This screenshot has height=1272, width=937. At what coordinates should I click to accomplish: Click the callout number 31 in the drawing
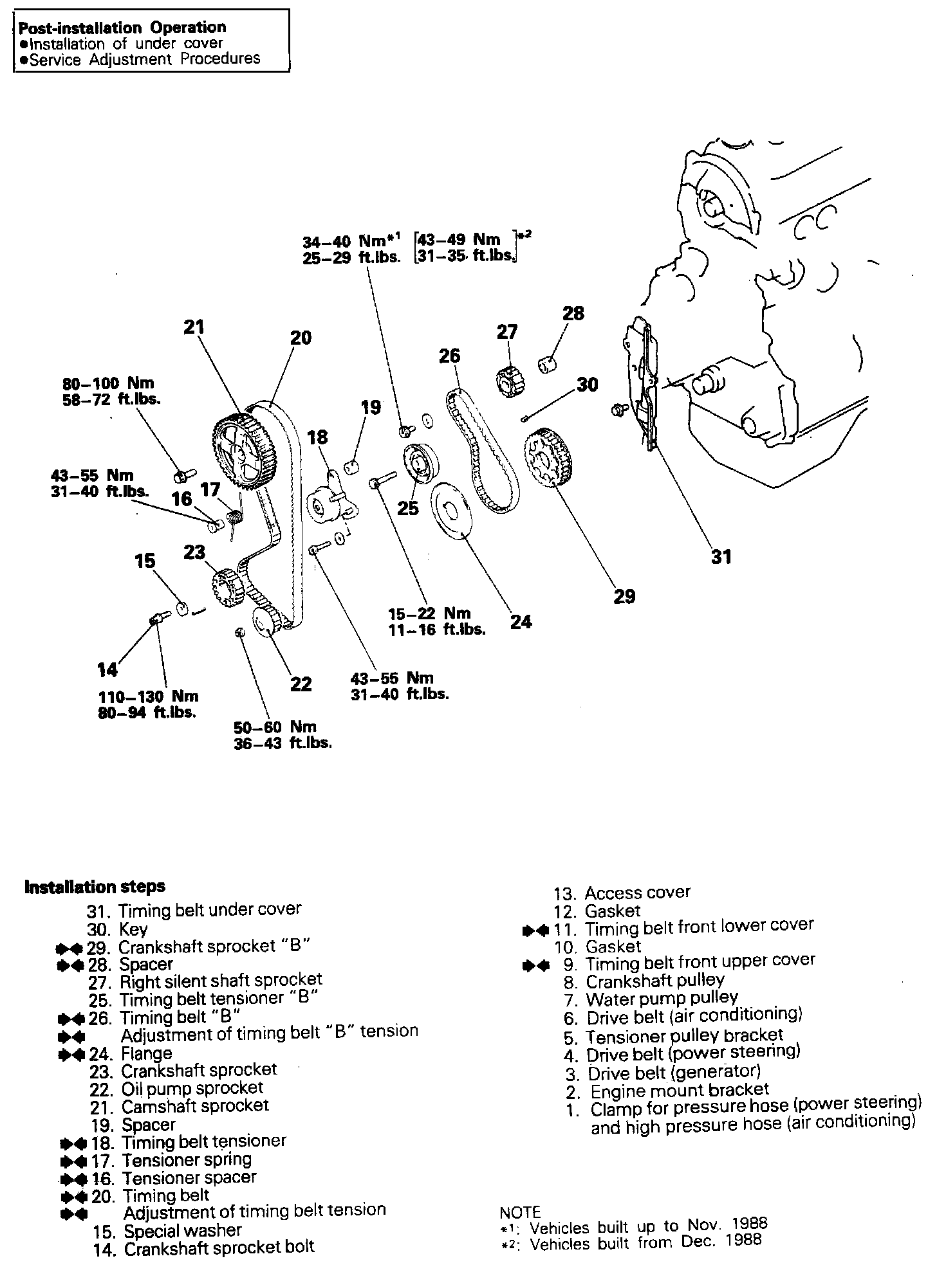point(721,556)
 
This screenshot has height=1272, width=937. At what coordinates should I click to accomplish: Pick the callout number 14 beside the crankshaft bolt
point(107,669)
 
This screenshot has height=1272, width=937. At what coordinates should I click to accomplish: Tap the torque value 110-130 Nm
point(148,696)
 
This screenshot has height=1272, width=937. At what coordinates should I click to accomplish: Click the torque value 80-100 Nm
point(108,384)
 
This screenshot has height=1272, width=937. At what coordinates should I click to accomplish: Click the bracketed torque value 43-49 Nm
point(459,240)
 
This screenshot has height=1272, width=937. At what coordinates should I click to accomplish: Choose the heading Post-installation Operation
point(122,28)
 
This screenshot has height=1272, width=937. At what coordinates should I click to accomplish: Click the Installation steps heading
point(95,887)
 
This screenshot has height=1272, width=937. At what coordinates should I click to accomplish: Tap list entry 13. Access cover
point(622,893)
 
